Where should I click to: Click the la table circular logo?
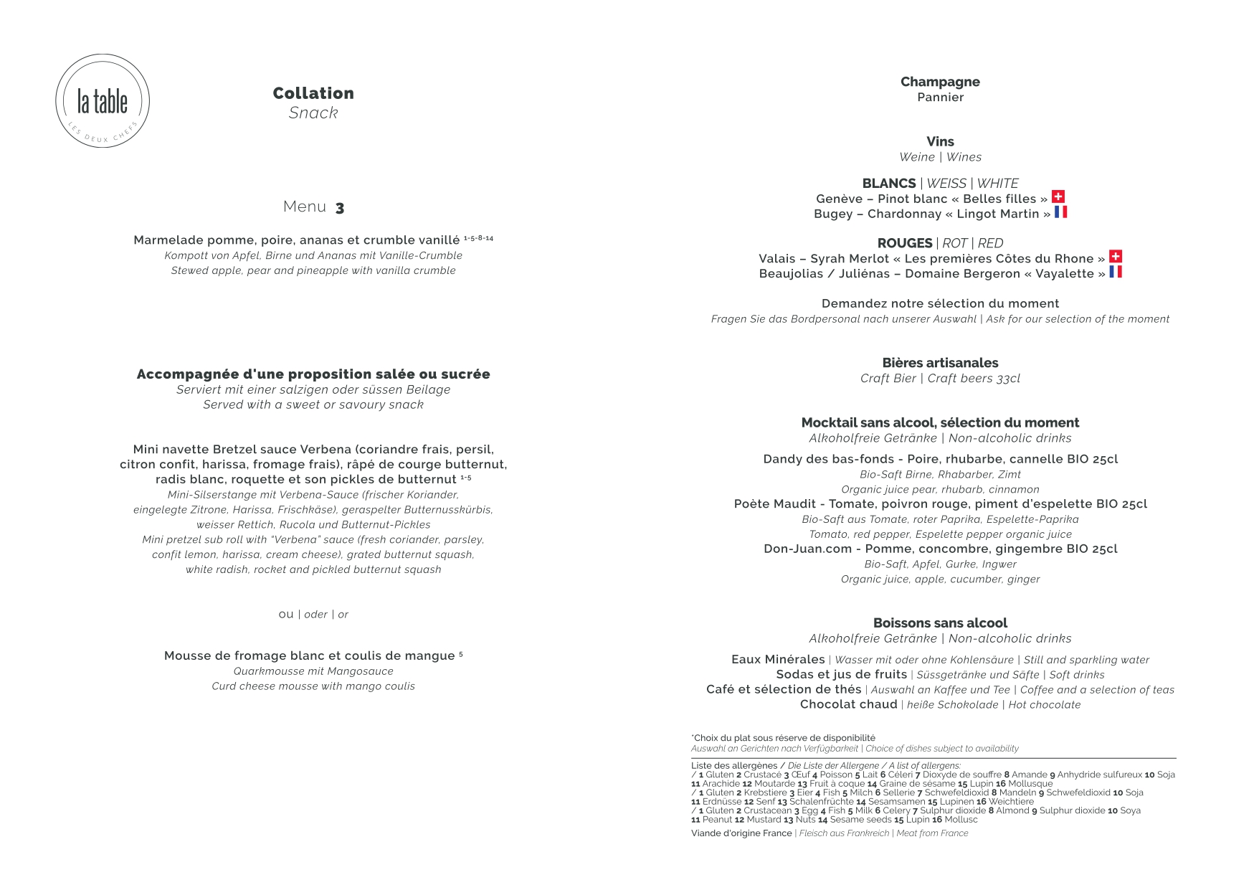pyautogui.click(x=103, y=101)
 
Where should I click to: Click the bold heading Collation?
pyautogui.click(x=313, y=93)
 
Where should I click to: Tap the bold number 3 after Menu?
pyautogui.click(x=340, y=208)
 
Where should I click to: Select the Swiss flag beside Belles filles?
pyautogui.click(x=1058, y=197)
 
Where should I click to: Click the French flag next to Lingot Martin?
pyautogui.click(x=1060, y=212)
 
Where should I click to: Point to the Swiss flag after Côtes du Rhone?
pyautogui.click(x=1116, y=256)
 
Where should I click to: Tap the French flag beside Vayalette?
pyautogui.click(x=1116, y=271)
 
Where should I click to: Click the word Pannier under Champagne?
pyautogui.click(x=940, y=98)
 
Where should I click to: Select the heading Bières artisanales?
pyautogui.click(x=940, y=363)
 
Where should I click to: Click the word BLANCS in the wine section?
pyautogui.click(x=889, y=184)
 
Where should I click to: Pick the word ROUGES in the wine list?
pyautogui.click(x=905, y=243)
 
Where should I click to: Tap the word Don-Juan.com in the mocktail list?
pyautogui.click(x=807, y=549)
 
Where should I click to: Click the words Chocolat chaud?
pyautogui.click(x=848, y=704)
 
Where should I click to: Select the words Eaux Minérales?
pyautogui.click(x=778, y=659)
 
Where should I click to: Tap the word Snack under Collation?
pyautogui.click(x=313, y=113)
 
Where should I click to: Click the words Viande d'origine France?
pyautogui.click(x=741, y=833)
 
